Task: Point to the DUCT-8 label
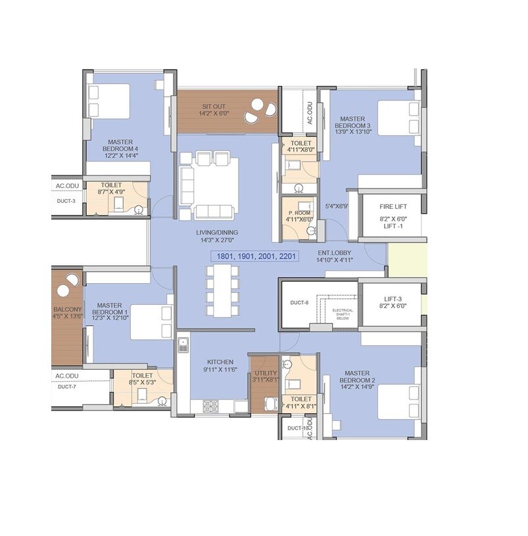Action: click(300, 303)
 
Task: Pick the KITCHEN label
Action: click(220, 362)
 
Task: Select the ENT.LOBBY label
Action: click(336, 252)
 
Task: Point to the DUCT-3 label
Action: click(66, 201)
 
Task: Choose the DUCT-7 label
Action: click(67, 387)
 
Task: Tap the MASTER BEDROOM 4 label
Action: click(121, 145)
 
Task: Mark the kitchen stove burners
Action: click(211, 405)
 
